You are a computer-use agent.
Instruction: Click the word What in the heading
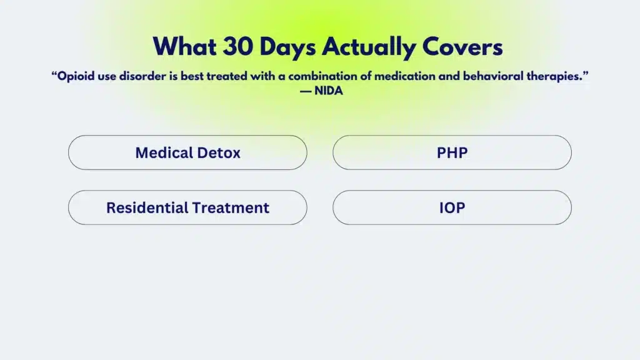pos(181,47)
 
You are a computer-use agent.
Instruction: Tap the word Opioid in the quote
pos(76,76)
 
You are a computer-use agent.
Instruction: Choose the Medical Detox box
pos(187,152)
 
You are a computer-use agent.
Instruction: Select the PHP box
pos(452,152)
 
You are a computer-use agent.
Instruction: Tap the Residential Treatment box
pos(187,207)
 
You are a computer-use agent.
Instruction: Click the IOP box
pos(452,207)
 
